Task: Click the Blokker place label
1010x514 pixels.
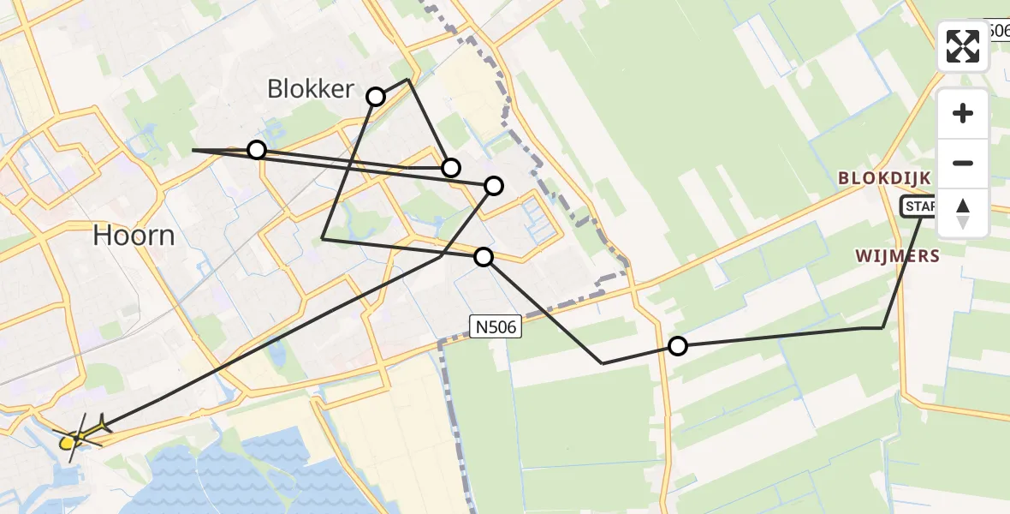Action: coord(311,88)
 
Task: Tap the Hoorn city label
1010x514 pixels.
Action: coord(134,234)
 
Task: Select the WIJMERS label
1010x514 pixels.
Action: coord(897,255)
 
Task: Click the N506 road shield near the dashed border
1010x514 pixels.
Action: coord(495,324)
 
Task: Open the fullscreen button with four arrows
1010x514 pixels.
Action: coord(963,46)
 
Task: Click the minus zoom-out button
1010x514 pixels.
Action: coord(963,163)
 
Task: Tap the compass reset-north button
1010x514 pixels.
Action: coord(963,213)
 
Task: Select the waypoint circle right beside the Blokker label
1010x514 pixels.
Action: coord(376,96)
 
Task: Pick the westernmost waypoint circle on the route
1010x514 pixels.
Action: coord(256,150)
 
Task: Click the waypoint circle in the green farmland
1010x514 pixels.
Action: coord(677,346)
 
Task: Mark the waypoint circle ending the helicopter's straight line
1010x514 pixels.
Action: coord(494,185)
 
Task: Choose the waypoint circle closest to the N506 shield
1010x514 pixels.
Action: coord(484,256)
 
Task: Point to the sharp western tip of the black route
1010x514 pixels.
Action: coord(193,150)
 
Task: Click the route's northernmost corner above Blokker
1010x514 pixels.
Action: coord(409,80)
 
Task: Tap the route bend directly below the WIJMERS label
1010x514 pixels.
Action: coord(882,327)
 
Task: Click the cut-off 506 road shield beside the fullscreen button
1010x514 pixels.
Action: coord(996,30)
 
